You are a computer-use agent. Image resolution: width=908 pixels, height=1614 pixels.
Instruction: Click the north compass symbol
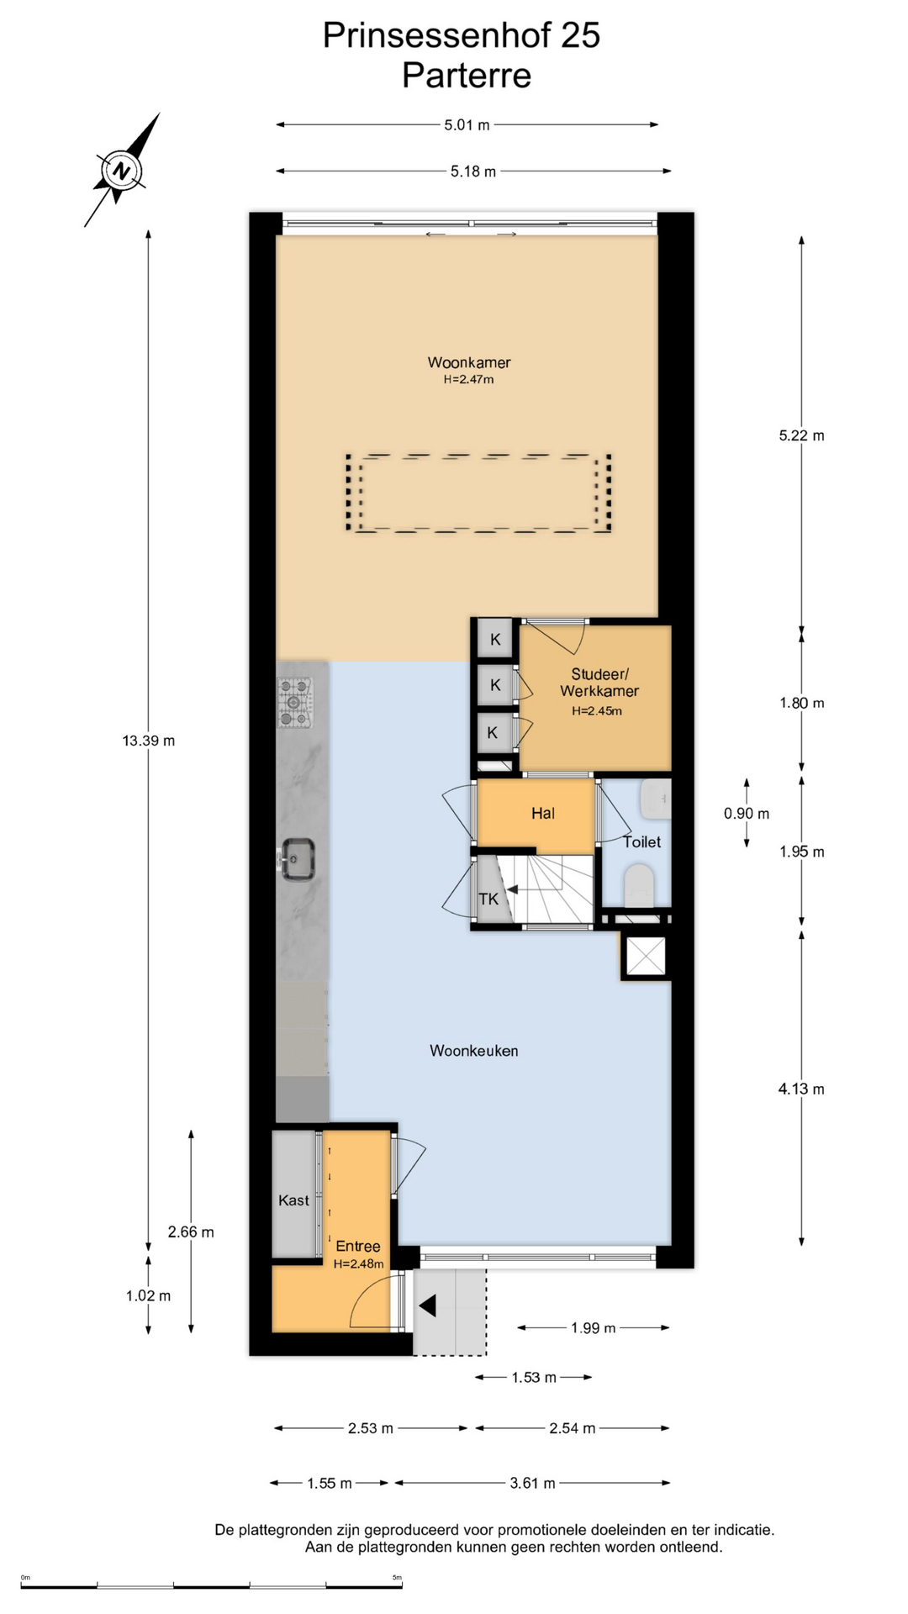121,171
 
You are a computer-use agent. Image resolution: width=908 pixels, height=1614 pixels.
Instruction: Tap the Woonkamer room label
469,362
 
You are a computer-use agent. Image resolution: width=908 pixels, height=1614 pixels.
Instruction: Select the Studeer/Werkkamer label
599,683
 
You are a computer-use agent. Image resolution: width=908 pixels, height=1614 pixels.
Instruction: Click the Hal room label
543,813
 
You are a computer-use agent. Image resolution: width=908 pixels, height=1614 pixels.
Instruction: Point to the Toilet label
641,841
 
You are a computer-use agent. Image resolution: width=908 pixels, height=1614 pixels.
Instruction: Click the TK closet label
488,899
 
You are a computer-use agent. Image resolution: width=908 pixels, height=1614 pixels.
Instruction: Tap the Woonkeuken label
473,1050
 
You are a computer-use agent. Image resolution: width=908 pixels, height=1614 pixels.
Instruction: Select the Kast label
293,1200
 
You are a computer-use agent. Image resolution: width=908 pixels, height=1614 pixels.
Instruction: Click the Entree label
358,1246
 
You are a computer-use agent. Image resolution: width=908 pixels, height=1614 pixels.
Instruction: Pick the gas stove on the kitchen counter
295,703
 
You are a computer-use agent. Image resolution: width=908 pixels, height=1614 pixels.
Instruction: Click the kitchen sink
297,859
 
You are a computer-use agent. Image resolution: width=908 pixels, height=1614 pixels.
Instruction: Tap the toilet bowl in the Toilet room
639,886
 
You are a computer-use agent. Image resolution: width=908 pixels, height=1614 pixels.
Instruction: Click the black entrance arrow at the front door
428,1305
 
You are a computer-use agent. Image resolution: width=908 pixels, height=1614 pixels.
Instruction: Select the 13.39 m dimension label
149,741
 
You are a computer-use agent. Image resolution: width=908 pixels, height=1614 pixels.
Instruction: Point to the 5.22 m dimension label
801,435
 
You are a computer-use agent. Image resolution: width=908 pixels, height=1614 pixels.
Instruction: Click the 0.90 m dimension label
747,813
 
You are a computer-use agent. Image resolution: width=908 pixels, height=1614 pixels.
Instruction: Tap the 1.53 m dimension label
534,1377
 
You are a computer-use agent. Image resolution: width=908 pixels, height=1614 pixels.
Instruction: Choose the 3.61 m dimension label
532,1483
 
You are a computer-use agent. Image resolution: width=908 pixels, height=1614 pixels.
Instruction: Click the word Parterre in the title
467,76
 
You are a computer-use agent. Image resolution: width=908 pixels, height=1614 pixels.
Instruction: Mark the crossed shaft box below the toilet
646,956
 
